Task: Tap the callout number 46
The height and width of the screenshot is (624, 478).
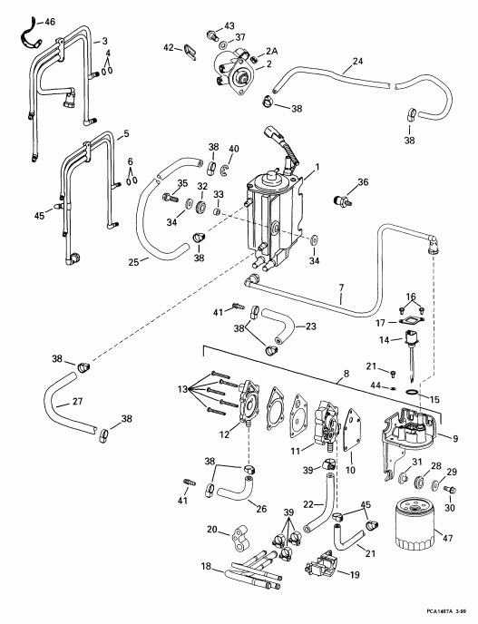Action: point(49,19)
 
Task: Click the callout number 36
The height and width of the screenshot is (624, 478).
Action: point(364,182)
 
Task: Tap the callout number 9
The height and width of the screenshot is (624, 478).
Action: point(454,439)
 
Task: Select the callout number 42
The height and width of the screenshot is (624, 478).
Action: point(168,47)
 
